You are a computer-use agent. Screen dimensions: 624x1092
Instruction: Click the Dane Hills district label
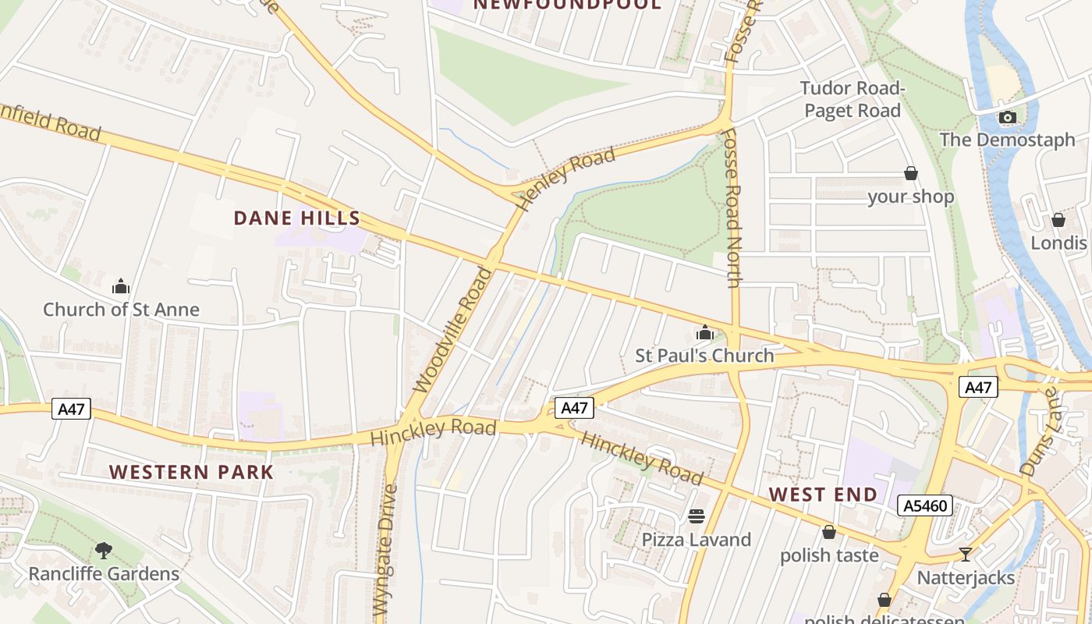(297, 218)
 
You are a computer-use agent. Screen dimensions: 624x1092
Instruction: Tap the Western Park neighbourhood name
(191, 472)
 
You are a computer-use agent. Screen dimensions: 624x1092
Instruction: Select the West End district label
(823, 495)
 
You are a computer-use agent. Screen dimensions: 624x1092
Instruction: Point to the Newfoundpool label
(567, 5)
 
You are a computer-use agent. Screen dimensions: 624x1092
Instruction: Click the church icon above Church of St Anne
(121, 286)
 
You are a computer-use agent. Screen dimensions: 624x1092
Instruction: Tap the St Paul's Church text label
(704, 356)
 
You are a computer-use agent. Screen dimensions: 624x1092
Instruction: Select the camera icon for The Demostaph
(1007, 118)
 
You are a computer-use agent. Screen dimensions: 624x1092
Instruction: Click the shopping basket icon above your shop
(910, 173)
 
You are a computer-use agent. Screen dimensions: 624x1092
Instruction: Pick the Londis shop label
(1058, 243)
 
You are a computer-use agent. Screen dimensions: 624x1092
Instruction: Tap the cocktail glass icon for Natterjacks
(966, 555)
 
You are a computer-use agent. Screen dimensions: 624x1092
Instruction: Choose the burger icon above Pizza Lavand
(696, 516)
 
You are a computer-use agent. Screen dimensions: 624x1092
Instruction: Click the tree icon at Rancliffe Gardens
(104, 551)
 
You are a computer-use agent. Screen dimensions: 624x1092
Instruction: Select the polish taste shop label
(829, 555)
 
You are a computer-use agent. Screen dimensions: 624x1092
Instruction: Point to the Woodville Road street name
(453, 330)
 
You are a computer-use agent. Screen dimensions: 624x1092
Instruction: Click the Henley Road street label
(566, 179)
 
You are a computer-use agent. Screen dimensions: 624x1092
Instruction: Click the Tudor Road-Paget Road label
(852, 99)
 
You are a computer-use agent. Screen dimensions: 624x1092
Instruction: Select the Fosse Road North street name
(731, 207)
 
